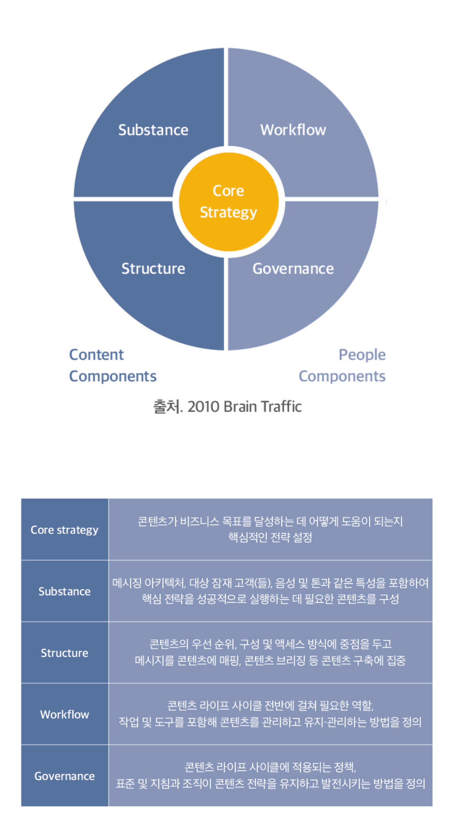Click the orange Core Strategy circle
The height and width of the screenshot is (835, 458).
(x=229, y=202)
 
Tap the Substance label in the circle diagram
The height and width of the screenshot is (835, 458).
(x=153, y=130)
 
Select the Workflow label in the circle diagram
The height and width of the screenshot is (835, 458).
(x=293, y=130)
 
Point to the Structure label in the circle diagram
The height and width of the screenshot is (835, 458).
(x=153, y=268)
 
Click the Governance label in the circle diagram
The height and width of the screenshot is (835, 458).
(x=293, y=268)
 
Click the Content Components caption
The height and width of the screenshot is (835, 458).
(x=113, y=366)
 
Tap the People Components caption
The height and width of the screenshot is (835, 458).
(x=342, y=366)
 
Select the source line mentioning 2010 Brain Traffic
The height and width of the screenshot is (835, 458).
(x=228, y=407)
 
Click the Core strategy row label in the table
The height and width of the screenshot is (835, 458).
(x=65, y=530)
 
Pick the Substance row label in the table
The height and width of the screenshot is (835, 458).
(x=65, y=591)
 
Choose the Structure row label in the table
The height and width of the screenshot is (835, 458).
(x=65, y=653)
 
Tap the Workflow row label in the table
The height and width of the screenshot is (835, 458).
(x=65, y=714)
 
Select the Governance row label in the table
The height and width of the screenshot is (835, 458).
(x=65, y=776)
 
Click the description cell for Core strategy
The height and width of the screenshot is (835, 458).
(x=270, y=529)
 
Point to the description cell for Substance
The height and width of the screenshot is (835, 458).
(x=270, y=591)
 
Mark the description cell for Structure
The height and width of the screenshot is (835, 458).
(x=270, y=652)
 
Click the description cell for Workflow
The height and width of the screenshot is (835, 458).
(x=270, y=714)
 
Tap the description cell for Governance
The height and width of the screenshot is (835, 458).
(x=270, y=776)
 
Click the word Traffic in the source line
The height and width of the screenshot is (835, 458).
(x=281, y=407)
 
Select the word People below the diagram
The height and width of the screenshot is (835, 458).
(x=362, y=355)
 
